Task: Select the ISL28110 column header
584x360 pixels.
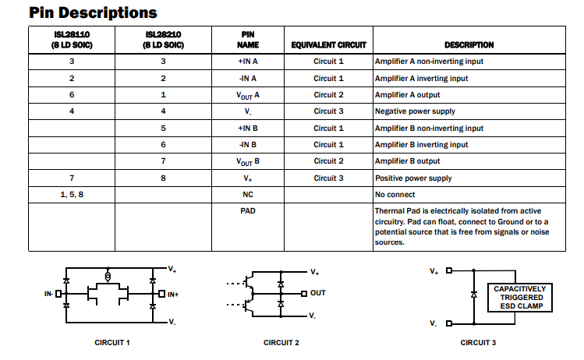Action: (71, 40)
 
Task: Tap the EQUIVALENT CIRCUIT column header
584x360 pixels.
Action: (328, 45)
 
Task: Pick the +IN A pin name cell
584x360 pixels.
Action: (247, 61)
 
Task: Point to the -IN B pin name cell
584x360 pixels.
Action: (247, 145)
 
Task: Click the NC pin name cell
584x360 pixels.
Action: (247, 195)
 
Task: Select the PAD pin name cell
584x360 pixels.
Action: (247, 211)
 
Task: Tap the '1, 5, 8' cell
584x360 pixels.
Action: (71, 195)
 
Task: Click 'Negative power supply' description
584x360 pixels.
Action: (415, 111)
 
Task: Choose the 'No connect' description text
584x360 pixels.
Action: (395, 195)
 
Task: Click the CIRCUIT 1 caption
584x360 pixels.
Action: (111, 343)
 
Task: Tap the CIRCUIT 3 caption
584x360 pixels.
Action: (478, 343)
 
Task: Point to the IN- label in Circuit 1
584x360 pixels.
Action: (49, 294)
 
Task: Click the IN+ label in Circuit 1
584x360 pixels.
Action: (173, 294)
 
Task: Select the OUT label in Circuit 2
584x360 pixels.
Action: (317, 293)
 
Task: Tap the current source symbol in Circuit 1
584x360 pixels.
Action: (108, 277)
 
